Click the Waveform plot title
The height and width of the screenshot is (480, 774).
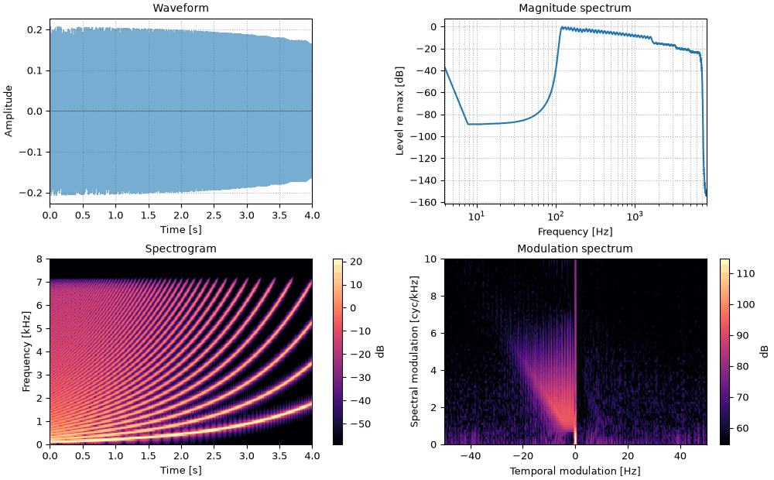(x=180, y=8)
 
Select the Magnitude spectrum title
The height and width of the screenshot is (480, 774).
(x=575, y=8)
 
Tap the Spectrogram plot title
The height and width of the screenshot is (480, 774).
(x=180, y=249)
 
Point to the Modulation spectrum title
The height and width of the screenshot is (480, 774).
(x=575, y=249)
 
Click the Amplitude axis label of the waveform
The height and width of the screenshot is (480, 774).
(x=9, y=111)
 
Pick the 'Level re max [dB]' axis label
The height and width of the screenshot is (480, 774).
(x=400, y=111)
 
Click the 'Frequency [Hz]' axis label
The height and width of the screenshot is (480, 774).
(x=575, y=231)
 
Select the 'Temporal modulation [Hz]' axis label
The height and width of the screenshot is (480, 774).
(x=575, y=471)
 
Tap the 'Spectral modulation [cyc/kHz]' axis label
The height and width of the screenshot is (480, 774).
(x=414, y=351)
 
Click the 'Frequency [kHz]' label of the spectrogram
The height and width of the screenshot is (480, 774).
(x=26, y=351)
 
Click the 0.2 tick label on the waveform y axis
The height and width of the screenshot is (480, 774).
(x=35, y=29)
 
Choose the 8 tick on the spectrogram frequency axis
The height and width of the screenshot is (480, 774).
(x=39, y=259)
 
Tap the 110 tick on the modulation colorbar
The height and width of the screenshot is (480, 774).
(x=745, y=273)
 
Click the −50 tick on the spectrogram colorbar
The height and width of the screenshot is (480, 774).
(x=361, y=423)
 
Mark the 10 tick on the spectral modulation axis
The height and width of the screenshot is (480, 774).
(x=431, y=259)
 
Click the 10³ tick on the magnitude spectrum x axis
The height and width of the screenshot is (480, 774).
(x=635, y=215)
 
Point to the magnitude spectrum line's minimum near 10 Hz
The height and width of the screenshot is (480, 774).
(x=468, y=124)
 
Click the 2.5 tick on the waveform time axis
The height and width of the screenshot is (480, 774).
(x=214, y=215)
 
